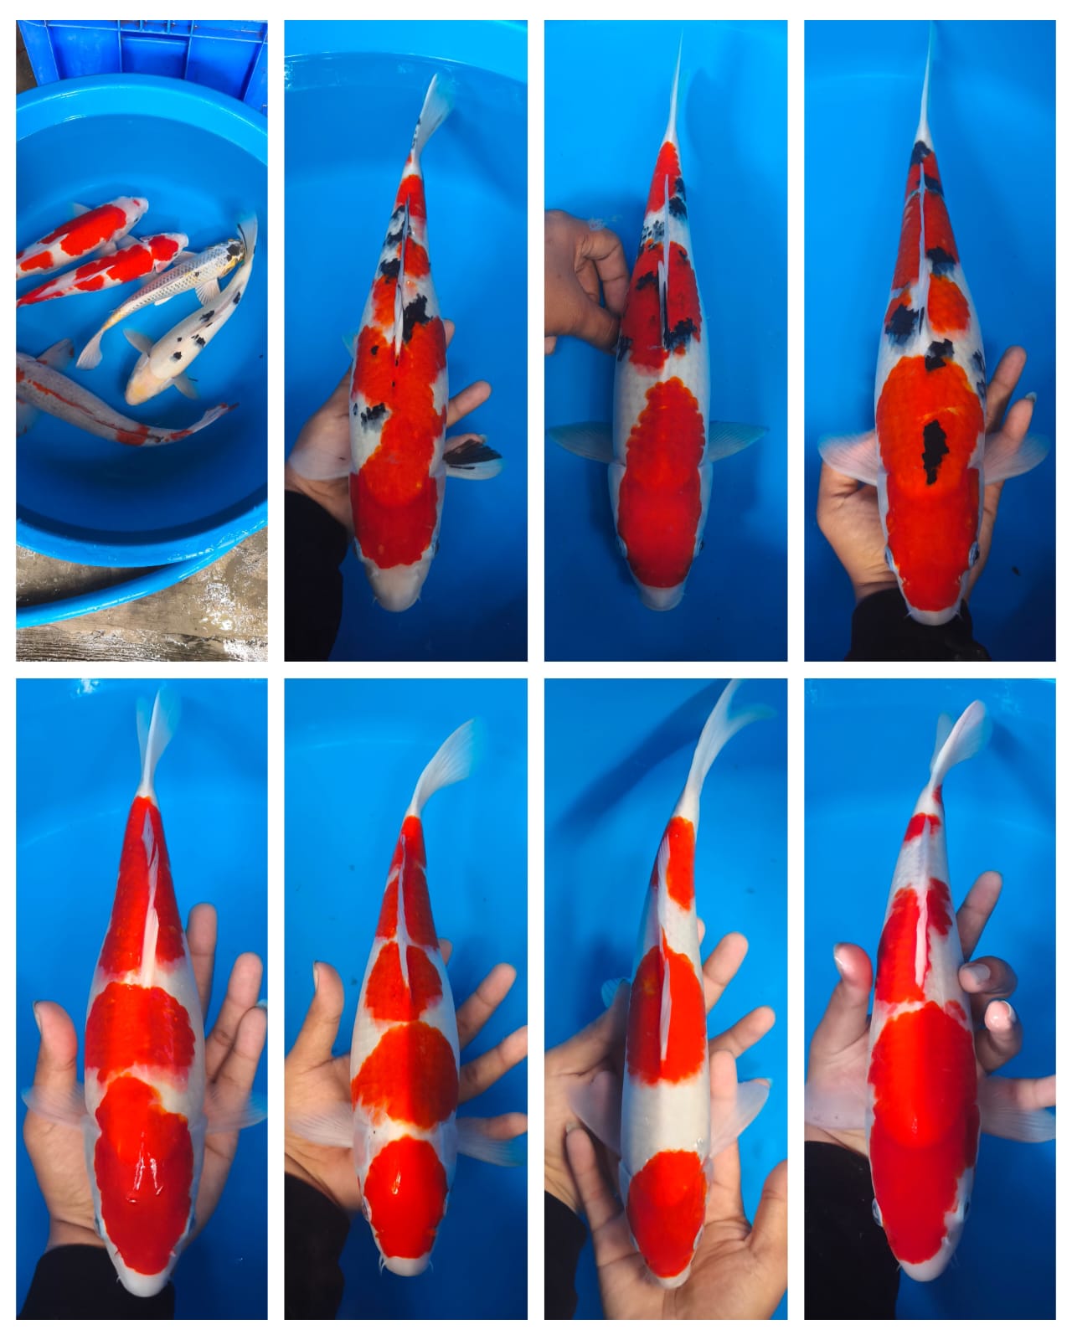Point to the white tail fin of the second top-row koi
pyautogui.click(x=435, y=105)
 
